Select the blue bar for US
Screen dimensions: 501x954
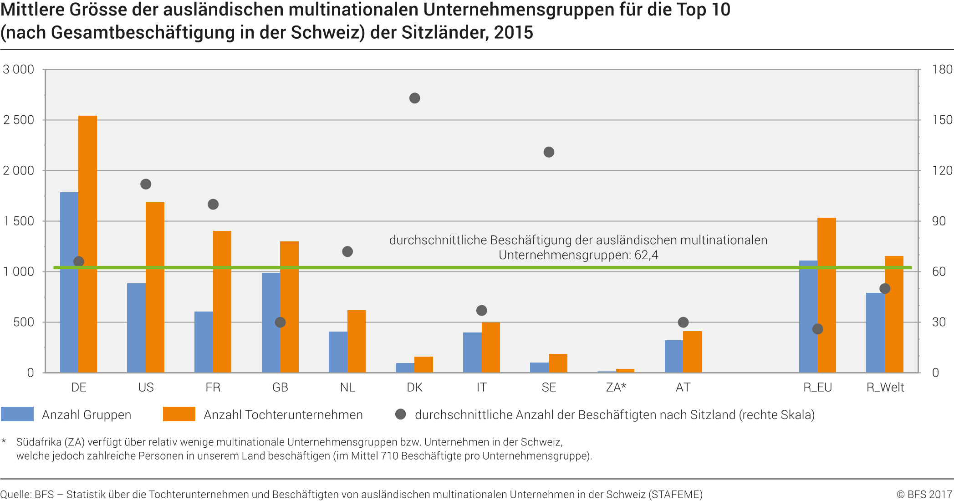(x=136, y=328)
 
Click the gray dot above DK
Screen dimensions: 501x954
(x=414, y=98)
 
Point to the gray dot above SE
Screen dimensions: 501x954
(x=549, y=152)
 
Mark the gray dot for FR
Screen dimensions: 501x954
(x=213, y=204)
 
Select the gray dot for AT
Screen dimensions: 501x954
(x=683, y=322)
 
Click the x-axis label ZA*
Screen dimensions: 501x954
(x=616, y=387)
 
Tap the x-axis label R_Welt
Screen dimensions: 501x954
(x=885, y=387)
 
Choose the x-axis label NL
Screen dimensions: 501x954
(x=347, y=387)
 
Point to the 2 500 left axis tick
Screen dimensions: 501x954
(x=19, y=120)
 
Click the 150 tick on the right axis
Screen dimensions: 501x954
(x=942, y=120)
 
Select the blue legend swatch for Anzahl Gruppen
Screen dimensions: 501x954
(x=17, y=414)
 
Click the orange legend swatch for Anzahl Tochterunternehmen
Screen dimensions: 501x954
(x=179, y=414)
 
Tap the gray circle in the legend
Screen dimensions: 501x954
(x=400, y=414)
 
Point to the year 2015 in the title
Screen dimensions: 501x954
(x=513, y=32)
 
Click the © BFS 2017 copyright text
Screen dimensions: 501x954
(x=924, y=494)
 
